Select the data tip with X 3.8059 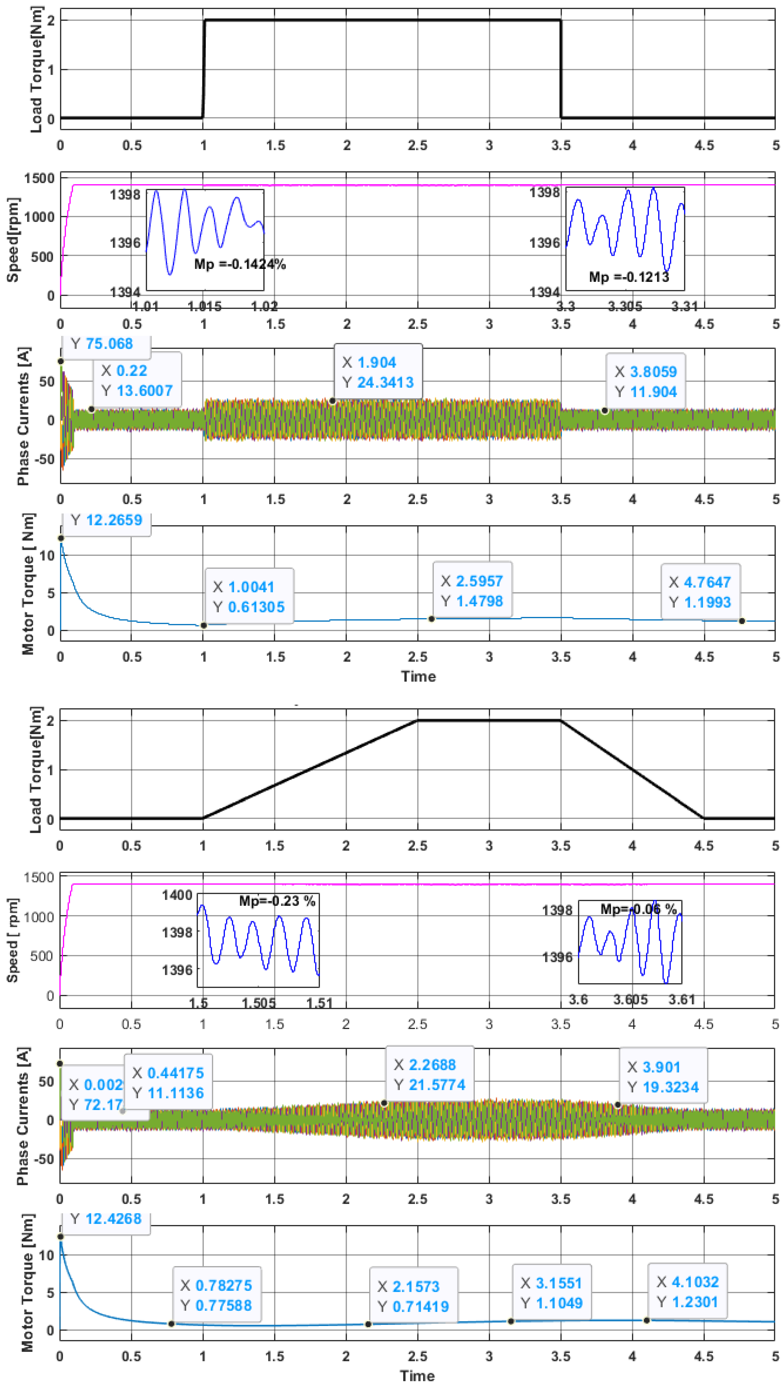point(646,381)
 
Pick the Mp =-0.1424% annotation point(240,264)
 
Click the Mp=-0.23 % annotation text point(277,901)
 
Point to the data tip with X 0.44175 point(168,1083)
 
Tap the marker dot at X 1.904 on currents point(332,401)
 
